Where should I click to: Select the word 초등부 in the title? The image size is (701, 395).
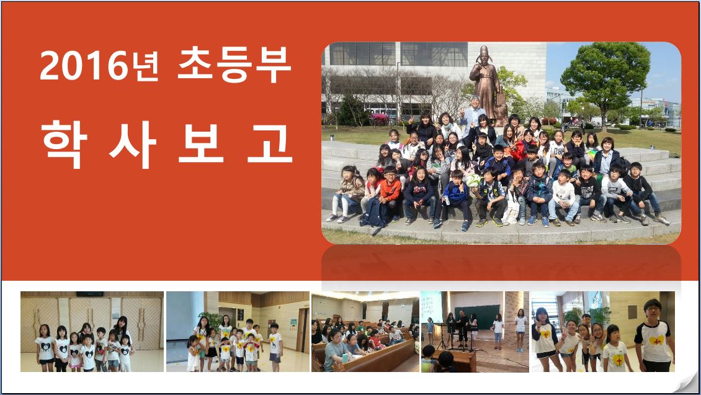click(x=234, y=65)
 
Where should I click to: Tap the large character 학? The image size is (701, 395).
click(x=63, y=143)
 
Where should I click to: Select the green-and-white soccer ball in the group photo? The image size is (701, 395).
click(x=473, y=180)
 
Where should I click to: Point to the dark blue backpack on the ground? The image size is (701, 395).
click(x=373, y=213)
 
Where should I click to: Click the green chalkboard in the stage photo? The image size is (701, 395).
click(x=477, y=317)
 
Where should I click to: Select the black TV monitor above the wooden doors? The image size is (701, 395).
click(x=89, y=294)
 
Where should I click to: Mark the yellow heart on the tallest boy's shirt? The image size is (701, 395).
click(x=655, y=340)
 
